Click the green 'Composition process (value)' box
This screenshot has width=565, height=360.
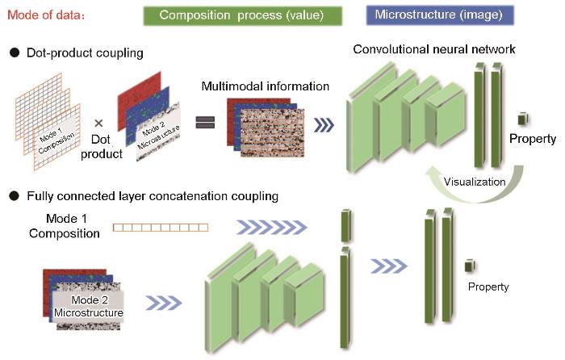(x=242, y=16)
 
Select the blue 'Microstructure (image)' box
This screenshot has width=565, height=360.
(x=440, y=15)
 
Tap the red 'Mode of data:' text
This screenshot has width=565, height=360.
(x=46, y=15)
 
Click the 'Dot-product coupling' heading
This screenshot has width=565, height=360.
(x=85, y=53)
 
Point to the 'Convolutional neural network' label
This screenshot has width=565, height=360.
(x=434, y=49)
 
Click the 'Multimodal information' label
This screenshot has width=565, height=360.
(x=266, y=86)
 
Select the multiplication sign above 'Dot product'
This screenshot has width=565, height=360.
(x=98, y=123)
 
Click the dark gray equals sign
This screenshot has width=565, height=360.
(x=205, y=122)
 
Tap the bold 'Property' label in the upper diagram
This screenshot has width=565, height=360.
(x=533, y=139)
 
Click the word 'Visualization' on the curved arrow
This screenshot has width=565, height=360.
(x=475, y=182)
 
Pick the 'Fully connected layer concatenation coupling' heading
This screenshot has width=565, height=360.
(x=153, y=196)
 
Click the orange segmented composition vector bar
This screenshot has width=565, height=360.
(x=161, y=228)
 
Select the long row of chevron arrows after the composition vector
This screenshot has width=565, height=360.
(x=272, y=227)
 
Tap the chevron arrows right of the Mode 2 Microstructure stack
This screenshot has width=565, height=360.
(x=164, y=303)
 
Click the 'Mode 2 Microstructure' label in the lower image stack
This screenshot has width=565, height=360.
(x=89, y=306)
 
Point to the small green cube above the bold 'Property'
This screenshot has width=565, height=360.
(x=523, y=119)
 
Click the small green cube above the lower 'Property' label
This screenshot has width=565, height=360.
(x=470, y=266)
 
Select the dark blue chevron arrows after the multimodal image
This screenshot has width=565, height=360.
(x=324, y=125)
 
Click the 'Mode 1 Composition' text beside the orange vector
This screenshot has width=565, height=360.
(x=65, y=226)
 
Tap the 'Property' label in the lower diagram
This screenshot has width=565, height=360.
(x=488, y=287)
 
